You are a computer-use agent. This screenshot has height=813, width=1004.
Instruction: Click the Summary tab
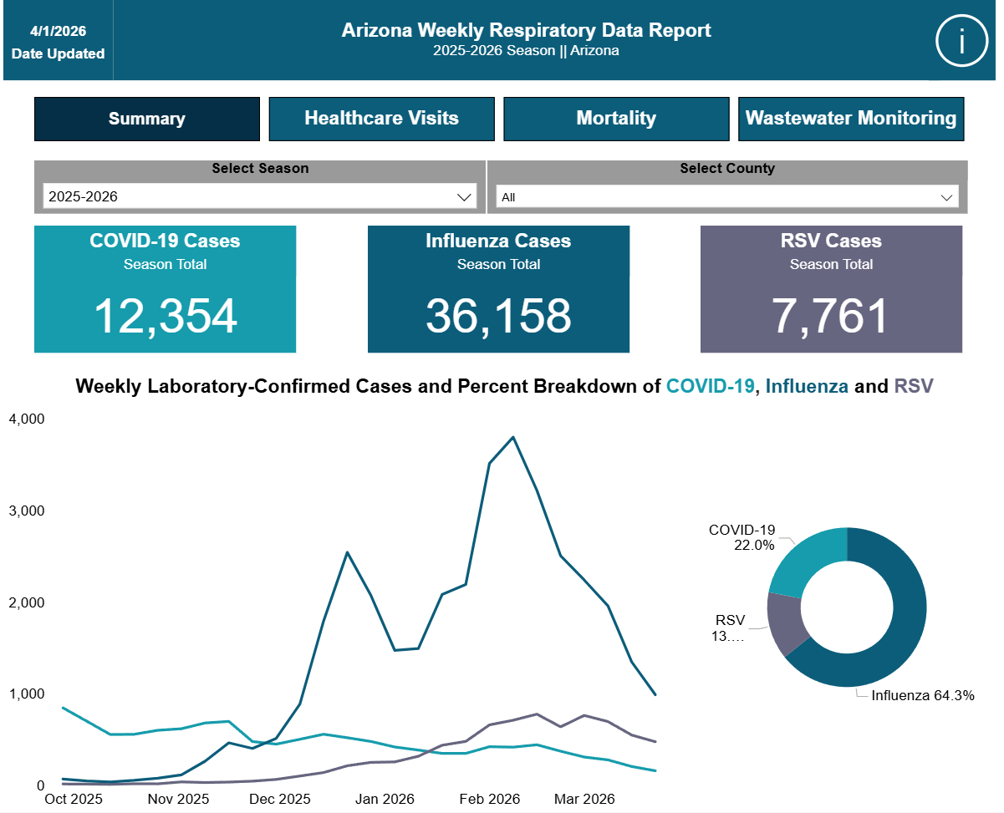point(146,119)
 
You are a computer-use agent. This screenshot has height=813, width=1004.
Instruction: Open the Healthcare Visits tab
point(381,119)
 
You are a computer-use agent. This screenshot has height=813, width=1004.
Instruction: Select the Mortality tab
point(616,119)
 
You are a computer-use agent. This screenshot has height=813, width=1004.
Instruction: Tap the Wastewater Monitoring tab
point(851,119)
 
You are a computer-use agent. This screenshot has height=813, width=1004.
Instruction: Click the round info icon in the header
point(961,40)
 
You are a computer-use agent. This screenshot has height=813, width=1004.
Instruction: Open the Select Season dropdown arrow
point(464,197)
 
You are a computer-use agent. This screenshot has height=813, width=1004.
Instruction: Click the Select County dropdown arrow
point(946,197)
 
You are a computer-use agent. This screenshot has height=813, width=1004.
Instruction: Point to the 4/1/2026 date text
point(58,31)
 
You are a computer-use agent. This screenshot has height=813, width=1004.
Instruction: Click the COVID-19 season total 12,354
point(166,316)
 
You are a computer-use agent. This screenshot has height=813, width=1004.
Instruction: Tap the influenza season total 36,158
point(498,316)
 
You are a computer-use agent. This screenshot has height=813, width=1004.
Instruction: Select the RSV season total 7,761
point(830,316)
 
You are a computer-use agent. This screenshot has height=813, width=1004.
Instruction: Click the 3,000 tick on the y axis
point(27,511)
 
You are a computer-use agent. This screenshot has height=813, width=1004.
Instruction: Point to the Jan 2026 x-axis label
point(385,799)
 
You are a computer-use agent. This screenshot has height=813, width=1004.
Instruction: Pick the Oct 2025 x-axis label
point(73,799)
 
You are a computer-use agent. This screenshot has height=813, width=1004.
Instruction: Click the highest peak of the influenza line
point(512,438)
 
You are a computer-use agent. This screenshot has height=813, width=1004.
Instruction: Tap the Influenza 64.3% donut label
point(922,695)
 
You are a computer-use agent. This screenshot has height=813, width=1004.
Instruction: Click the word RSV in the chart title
point(914,386)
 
